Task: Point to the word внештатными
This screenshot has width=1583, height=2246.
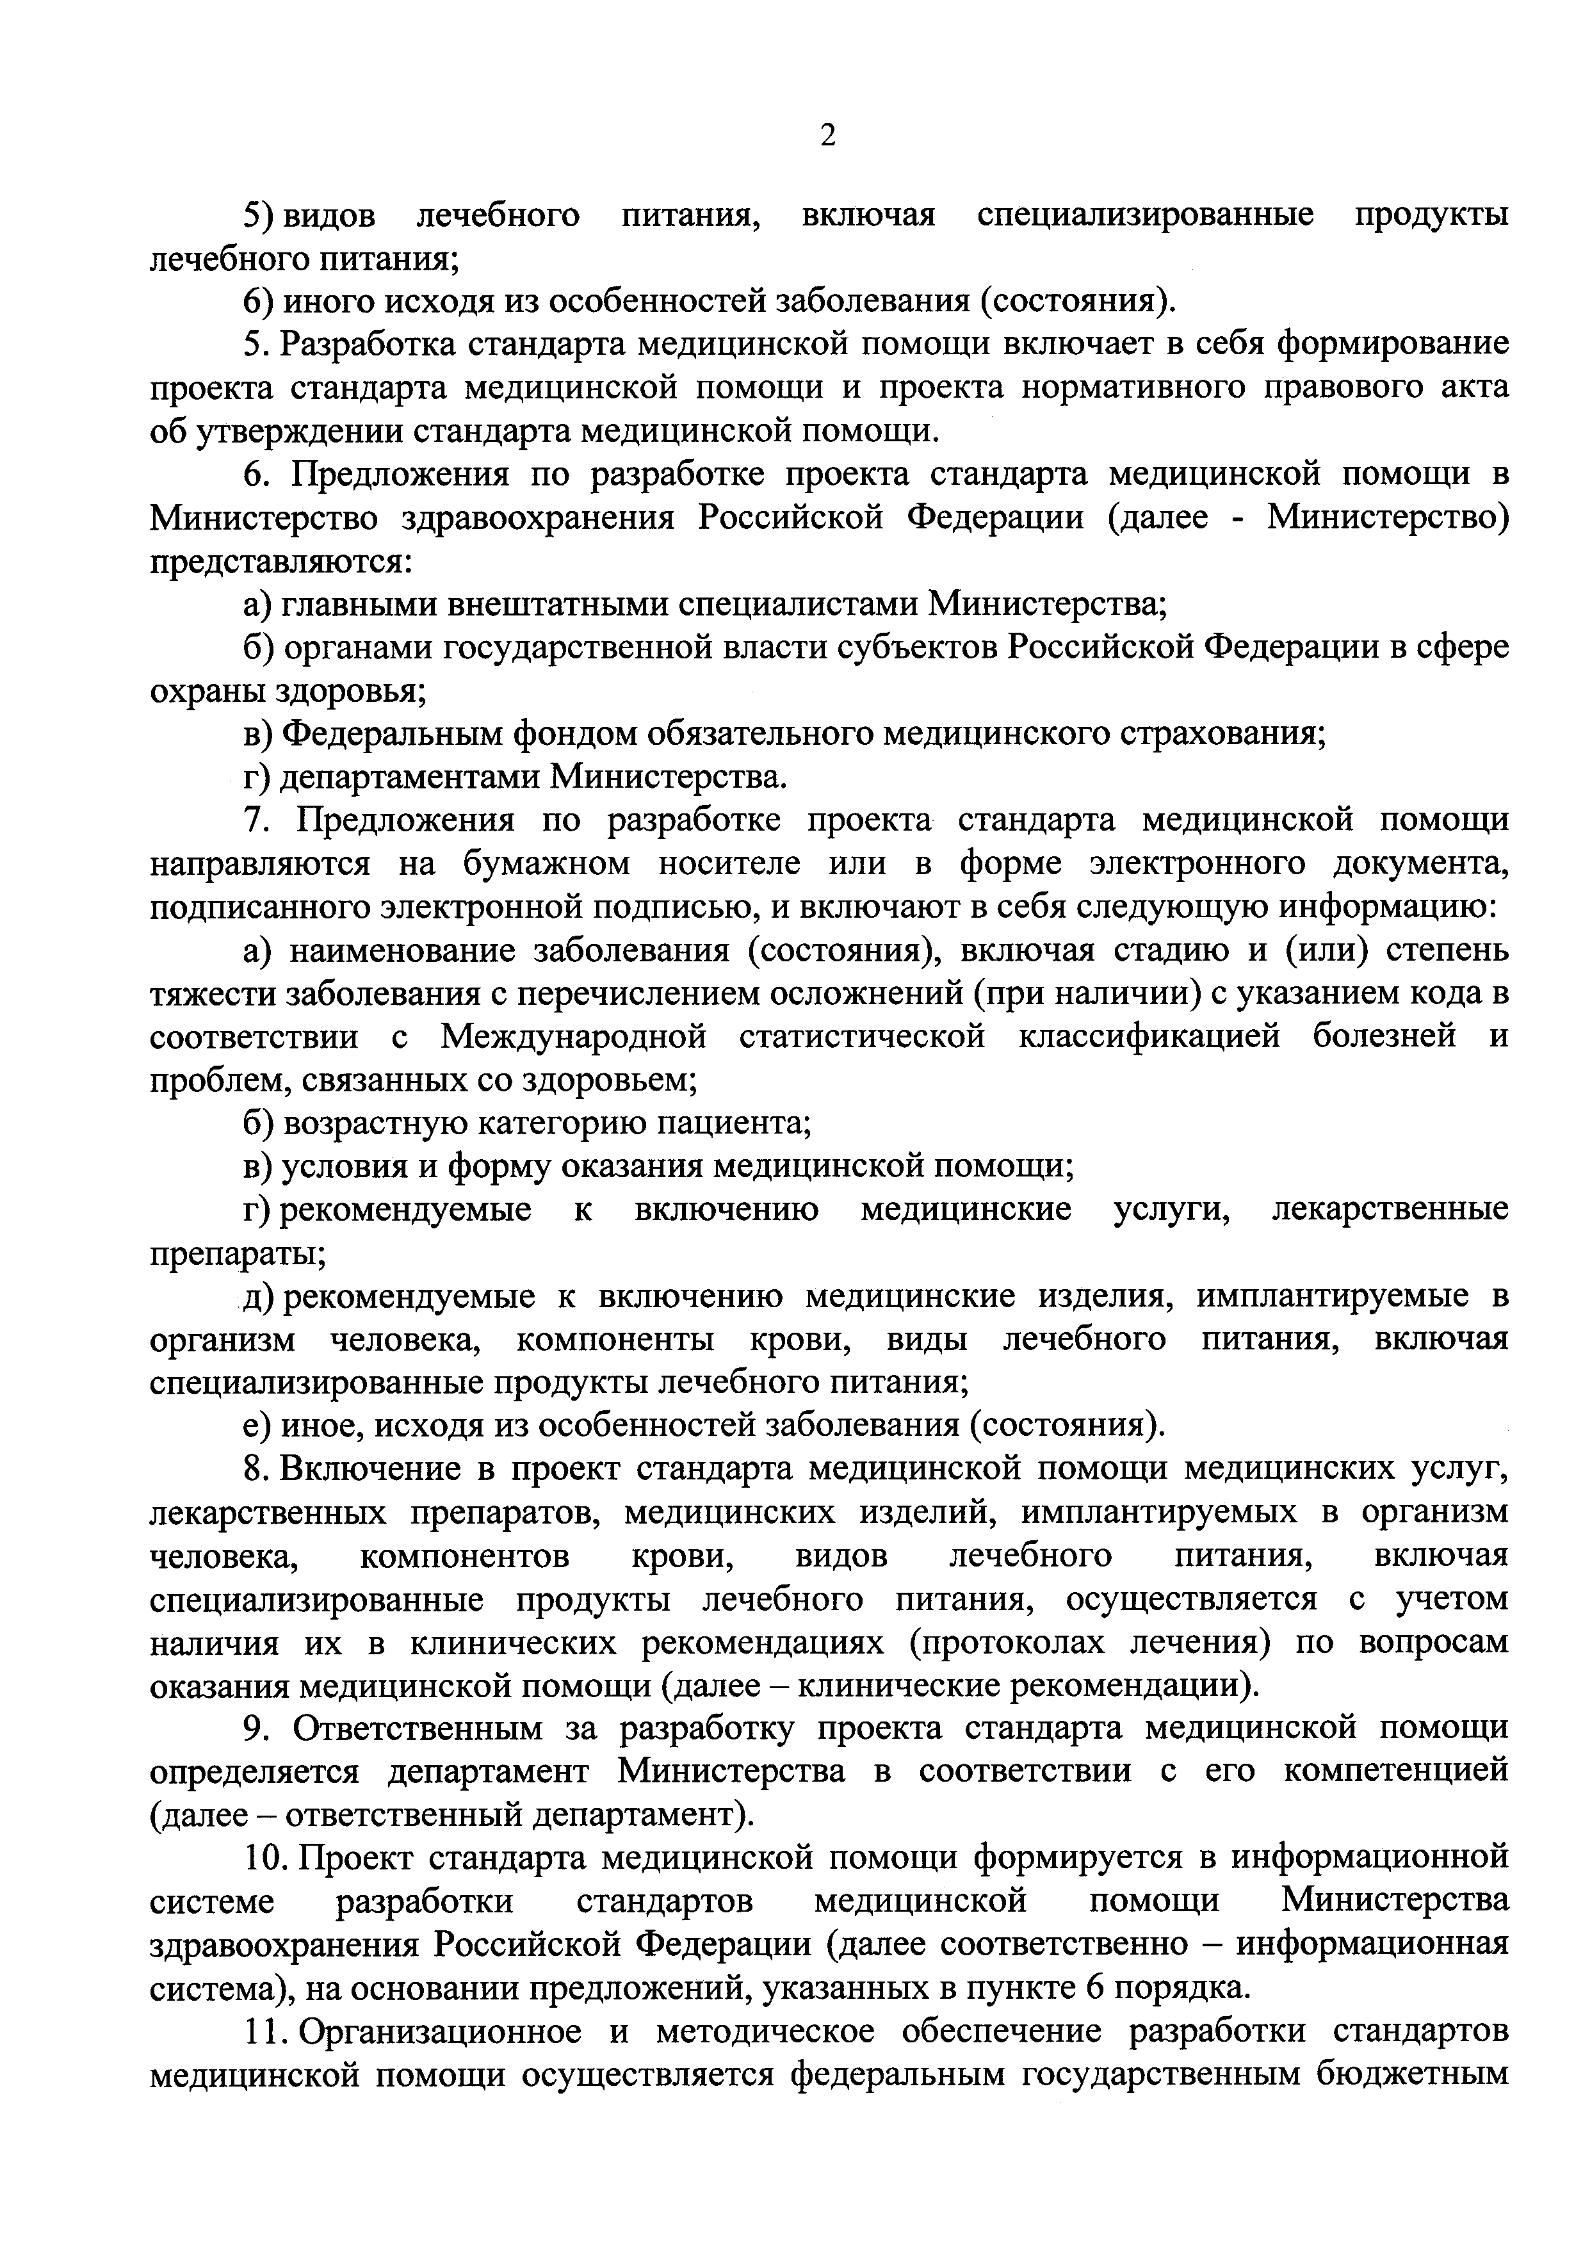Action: click(x=556, y=605)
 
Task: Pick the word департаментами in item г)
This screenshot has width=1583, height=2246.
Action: click(x=409, y=777)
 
